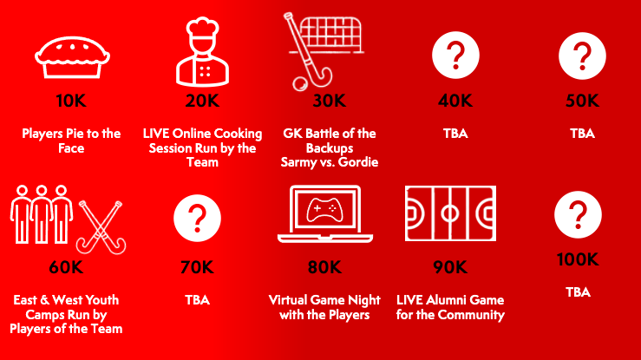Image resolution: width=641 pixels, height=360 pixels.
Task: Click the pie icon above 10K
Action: [72, 57]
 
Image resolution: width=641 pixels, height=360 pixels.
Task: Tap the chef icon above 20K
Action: [202, 51]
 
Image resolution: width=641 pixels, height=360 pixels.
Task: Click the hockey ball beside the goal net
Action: [300, 84]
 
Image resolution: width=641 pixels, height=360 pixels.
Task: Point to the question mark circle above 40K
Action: [455, 55]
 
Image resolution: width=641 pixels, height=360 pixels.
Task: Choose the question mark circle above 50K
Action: [582, 56]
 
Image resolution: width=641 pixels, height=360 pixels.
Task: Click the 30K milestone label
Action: [329, 101]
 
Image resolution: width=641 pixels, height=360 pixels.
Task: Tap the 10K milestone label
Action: [71, 101]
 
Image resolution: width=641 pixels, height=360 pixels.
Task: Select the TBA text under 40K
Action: [455, 134]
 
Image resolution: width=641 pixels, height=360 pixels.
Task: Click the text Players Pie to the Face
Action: [71, 141]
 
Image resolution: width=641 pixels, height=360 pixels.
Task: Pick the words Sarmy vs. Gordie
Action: [330, 162]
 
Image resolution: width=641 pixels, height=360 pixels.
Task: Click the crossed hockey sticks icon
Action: [101, 227]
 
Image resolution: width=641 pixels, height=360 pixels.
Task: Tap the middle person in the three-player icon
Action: [42, 214]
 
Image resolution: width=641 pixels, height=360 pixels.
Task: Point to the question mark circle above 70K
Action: [197, 218]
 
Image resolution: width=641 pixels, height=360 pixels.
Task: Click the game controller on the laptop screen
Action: [325, 210]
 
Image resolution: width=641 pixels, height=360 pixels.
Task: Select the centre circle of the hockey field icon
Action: [450, 213]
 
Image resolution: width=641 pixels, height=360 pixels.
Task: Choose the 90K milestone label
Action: [450, 267]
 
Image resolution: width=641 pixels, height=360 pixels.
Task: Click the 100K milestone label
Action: [578, 259]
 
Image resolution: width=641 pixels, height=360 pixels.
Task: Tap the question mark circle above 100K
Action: [578, 214]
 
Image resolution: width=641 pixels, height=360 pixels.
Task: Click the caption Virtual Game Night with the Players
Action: [324, 307]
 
